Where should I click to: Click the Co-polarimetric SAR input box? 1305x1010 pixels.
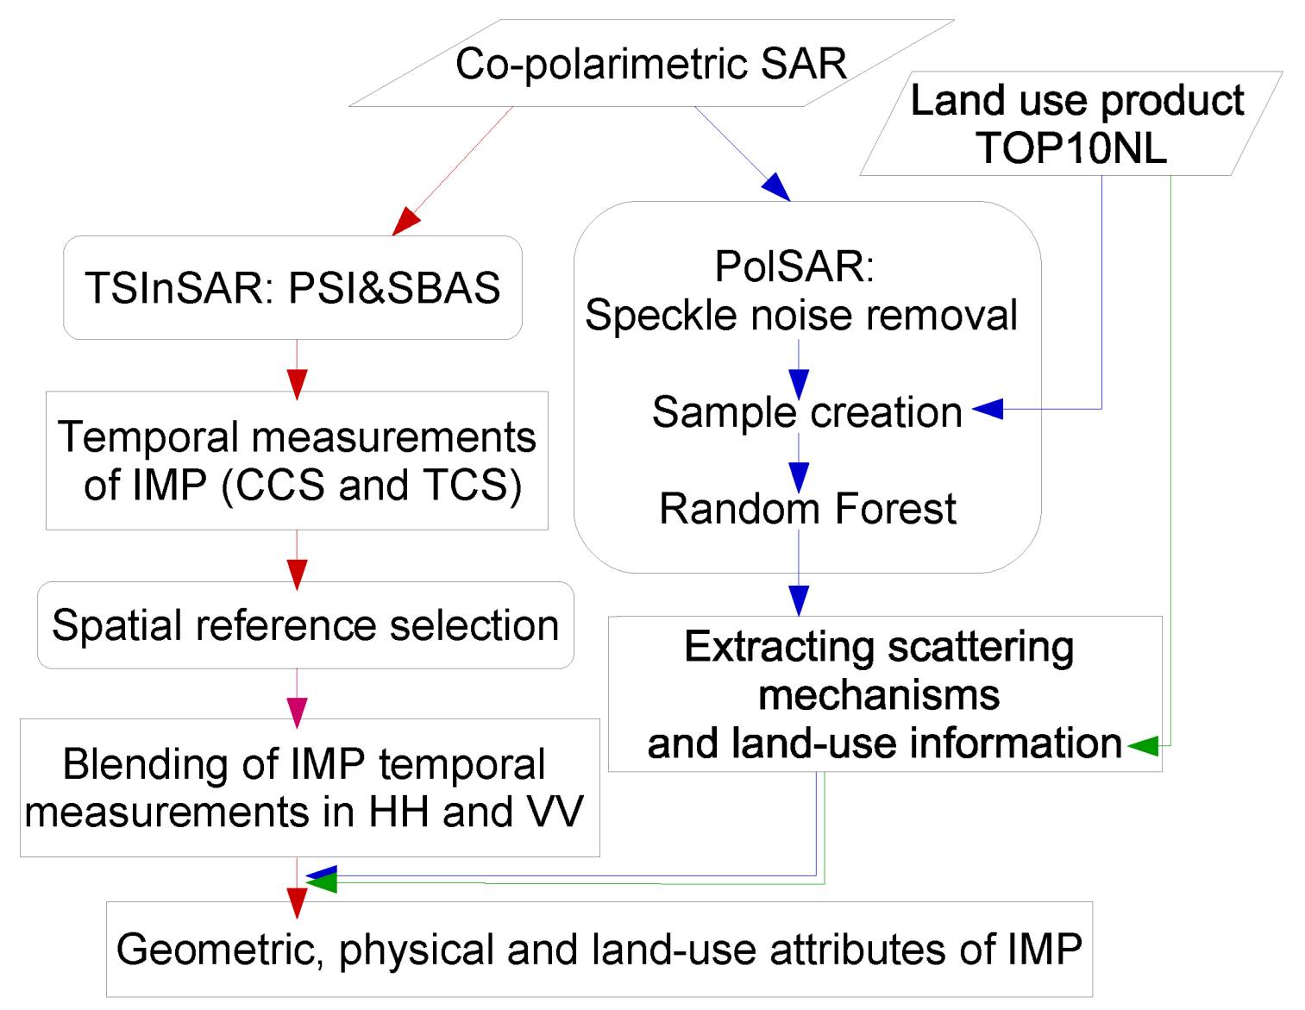click(x=651, y=64)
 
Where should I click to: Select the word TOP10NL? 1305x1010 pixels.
click(x=1071, y=147)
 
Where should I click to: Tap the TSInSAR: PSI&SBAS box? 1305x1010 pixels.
click(x=292, y=287)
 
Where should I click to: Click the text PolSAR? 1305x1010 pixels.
click(x=794, y=266)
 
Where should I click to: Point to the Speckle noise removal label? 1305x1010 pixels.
click(x=801, y=315)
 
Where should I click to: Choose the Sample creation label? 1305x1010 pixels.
click(x=806, y=412)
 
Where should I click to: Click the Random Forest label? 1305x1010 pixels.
click(x=807, y=509)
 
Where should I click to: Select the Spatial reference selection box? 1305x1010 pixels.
click(x=305, y=625)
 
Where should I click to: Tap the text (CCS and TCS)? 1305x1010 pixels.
click(x=372, y=486)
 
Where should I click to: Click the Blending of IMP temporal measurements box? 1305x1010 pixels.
click(x=309, y=787)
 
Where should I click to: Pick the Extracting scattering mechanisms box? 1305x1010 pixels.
click(x=884, y=693)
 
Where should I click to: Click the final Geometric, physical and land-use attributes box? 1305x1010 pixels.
click(x=599, y=950)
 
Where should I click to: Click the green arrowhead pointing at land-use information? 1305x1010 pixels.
click(x=1143, y=745)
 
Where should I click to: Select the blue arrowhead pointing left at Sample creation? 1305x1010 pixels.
click(x=988, y=409)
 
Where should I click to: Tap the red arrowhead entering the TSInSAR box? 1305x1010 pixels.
click(x=405, y=221)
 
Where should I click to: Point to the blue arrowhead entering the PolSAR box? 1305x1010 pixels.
click(x=776, y=186)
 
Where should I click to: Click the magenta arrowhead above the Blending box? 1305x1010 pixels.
click(x=298, y=712)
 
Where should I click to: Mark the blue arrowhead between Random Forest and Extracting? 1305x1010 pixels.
click(x=799, y=600)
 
